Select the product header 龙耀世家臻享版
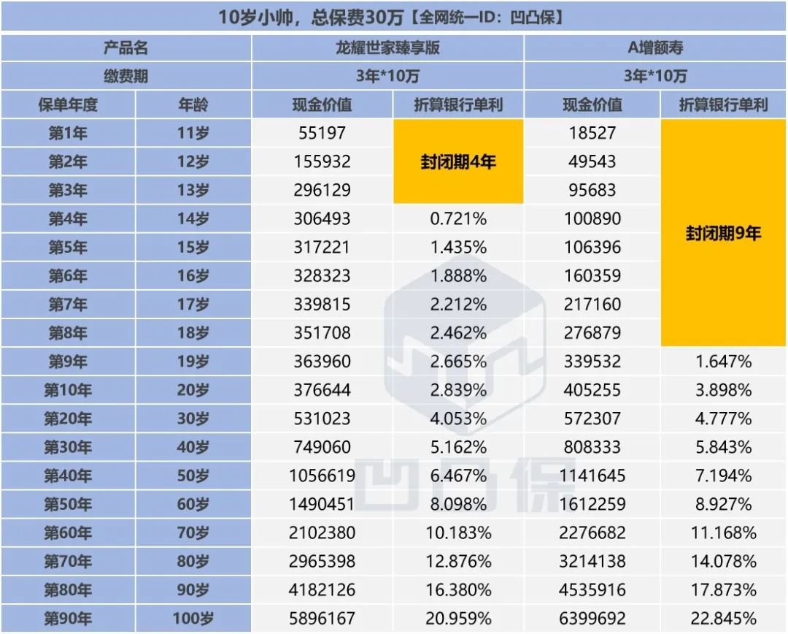[387, 48]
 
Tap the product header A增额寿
[655, 48]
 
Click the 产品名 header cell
[126, 48]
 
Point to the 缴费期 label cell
[126, 76]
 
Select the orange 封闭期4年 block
[458, 161]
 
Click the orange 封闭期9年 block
[723, 233]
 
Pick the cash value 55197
[322, 133]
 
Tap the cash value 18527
[592, 133]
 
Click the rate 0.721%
[458, 218]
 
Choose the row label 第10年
[68, 390]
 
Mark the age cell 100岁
[193, 619]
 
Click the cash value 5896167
[322, 619]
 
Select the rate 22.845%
[723, 619]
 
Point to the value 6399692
[592, 619]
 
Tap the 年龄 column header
[193, 104]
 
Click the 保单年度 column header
[68, 104]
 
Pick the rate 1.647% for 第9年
[723, 362]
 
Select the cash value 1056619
[322, 476]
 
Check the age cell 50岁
[193, 476]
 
